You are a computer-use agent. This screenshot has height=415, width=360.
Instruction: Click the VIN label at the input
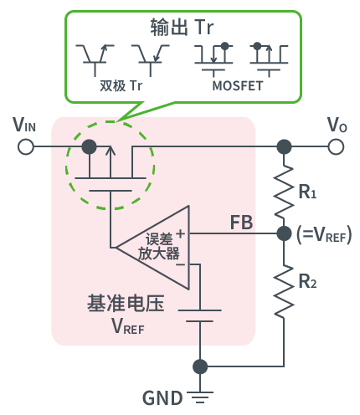[x=24, y=126]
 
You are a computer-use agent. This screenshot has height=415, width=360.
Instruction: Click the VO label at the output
[x=337, y=126]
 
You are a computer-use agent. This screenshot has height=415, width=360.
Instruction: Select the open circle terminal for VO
[x=337, y=147]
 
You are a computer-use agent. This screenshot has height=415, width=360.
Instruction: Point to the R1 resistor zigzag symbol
[x=285, y=191]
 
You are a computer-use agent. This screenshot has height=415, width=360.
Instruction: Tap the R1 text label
[x=308, y=192]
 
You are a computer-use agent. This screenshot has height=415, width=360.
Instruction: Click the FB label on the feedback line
[x=241, y=223]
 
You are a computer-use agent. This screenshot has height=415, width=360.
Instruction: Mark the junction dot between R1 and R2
[x=285, y=236]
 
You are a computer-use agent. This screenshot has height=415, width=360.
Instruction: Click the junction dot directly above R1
[x=285, y=147]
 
